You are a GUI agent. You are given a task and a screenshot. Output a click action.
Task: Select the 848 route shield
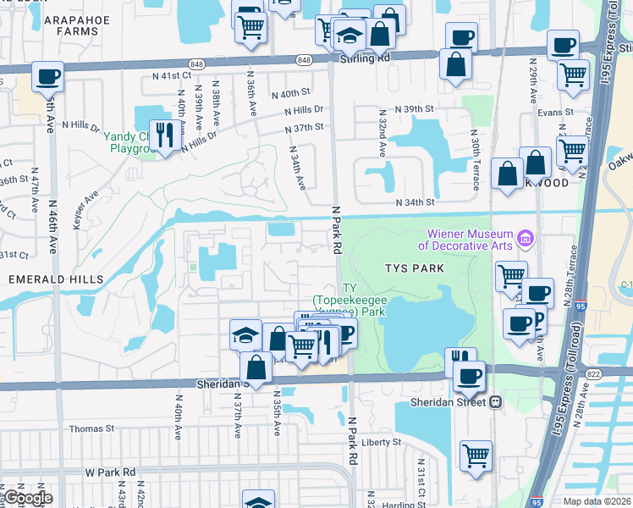[x=305, y=60]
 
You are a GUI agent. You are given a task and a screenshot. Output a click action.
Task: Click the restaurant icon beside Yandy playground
[x=166, y=134]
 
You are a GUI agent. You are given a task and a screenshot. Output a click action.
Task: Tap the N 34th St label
[x=416, y=202]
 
